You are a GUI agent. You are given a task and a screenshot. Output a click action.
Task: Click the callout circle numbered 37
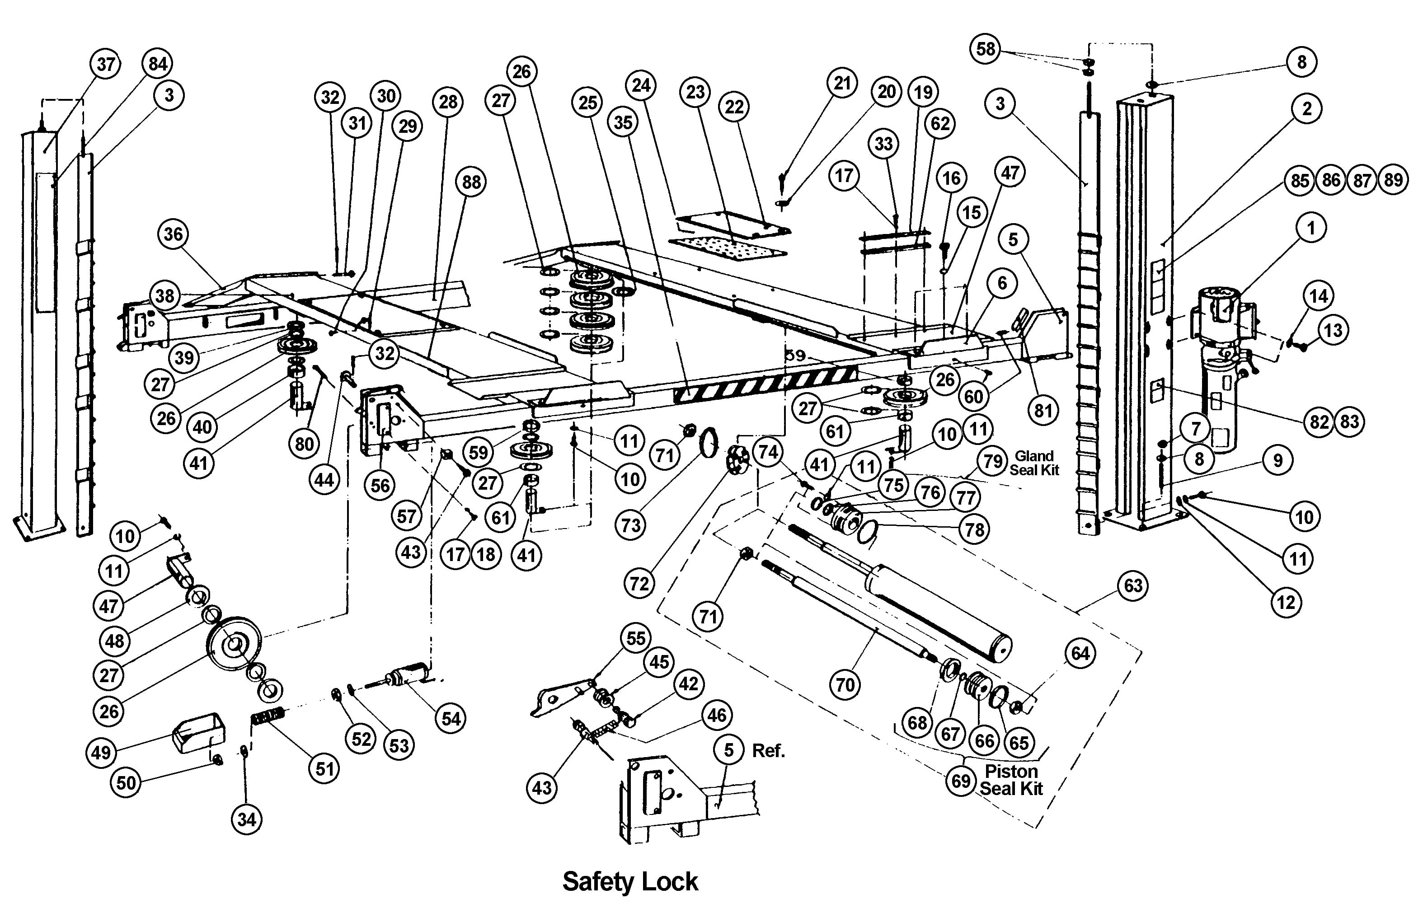pos(106,64)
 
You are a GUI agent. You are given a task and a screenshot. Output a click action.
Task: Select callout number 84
pos(158,64)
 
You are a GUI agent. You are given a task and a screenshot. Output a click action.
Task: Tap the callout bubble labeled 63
pos(1133,586)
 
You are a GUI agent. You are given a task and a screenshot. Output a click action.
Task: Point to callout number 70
pos(845,685)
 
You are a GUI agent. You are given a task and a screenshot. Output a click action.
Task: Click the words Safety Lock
pos(630,882)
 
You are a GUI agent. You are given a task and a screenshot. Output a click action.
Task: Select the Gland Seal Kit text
pos(1034,463)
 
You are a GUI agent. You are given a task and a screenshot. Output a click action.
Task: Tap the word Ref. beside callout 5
pos(768,751)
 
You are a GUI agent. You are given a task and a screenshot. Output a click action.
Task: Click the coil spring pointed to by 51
pos(269,717)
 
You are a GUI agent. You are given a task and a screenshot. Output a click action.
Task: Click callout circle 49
pos(102,753)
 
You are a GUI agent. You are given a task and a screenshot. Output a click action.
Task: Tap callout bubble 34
pos(246,819)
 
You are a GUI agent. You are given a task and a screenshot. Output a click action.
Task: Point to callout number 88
pos(471,182)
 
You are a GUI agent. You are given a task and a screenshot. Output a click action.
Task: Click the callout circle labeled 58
pos(986,48)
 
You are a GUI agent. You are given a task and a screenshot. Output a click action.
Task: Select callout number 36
pos(173,234)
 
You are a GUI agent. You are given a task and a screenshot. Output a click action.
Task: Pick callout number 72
pos(639,584)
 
